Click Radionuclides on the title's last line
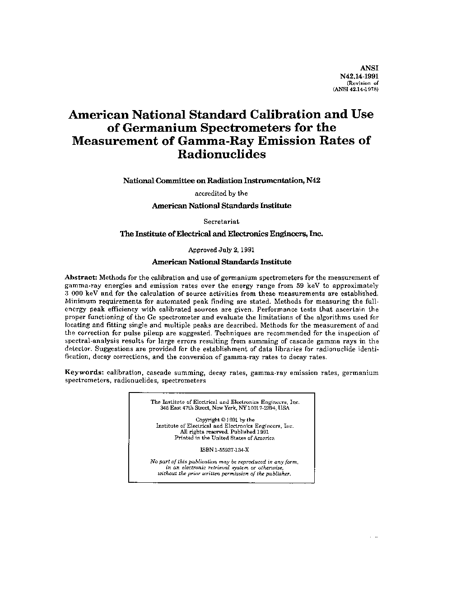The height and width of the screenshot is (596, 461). (222, 154)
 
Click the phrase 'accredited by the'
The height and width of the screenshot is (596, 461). (221, 193)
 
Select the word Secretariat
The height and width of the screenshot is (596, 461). (221, 222)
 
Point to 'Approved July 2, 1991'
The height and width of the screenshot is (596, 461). (221, 249)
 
